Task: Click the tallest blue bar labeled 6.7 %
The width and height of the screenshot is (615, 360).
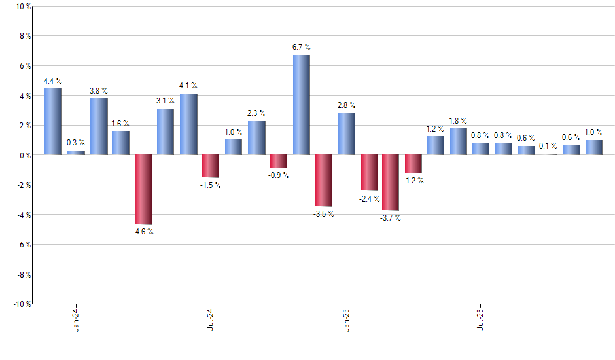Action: (x=301, y=105)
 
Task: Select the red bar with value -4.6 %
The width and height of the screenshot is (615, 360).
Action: (x=143, y=189)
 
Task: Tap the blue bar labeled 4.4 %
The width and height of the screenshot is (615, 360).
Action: (x=53, y=122)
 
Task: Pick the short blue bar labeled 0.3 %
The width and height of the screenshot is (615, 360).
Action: (x=76, y=153)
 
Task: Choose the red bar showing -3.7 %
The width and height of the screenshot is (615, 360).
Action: (x=391, y=182)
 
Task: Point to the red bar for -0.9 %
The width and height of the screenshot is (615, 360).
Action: (x=278, y=161)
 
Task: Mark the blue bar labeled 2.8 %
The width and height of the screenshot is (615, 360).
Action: (x=347, y=134)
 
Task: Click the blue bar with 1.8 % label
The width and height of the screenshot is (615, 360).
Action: (x=458, y=141)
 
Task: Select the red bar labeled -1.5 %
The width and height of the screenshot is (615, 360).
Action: (x=211, y=166)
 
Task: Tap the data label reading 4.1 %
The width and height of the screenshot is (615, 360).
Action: (x=188, y=86)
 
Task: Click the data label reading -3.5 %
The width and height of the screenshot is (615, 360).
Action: (x=324, y=214)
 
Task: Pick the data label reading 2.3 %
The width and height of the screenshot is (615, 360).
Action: (x=256, y=113)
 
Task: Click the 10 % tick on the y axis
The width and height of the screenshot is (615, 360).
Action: (x=22, y=7)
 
